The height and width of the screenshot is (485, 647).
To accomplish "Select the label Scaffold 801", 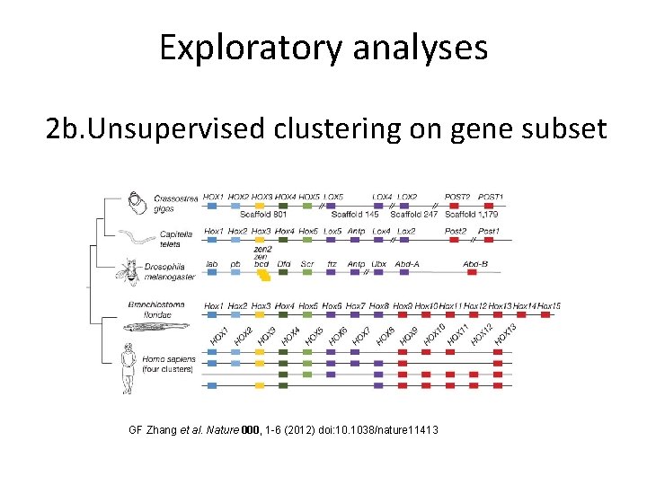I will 263,215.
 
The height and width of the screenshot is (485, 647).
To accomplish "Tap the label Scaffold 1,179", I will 473,215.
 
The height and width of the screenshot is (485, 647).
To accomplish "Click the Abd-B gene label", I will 475,264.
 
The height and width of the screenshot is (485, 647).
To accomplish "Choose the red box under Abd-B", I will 475,273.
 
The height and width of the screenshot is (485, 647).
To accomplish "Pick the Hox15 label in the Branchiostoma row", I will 550,306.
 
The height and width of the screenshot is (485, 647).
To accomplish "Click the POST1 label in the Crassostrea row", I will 491,197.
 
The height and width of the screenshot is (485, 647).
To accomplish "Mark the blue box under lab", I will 212,273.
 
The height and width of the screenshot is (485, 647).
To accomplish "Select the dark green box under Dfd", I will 284,273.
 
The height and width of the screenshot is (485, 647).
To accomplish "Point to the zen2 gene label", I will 262,249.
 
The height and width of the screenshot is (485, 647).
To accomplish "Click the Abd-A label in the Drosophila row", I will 408,264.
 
